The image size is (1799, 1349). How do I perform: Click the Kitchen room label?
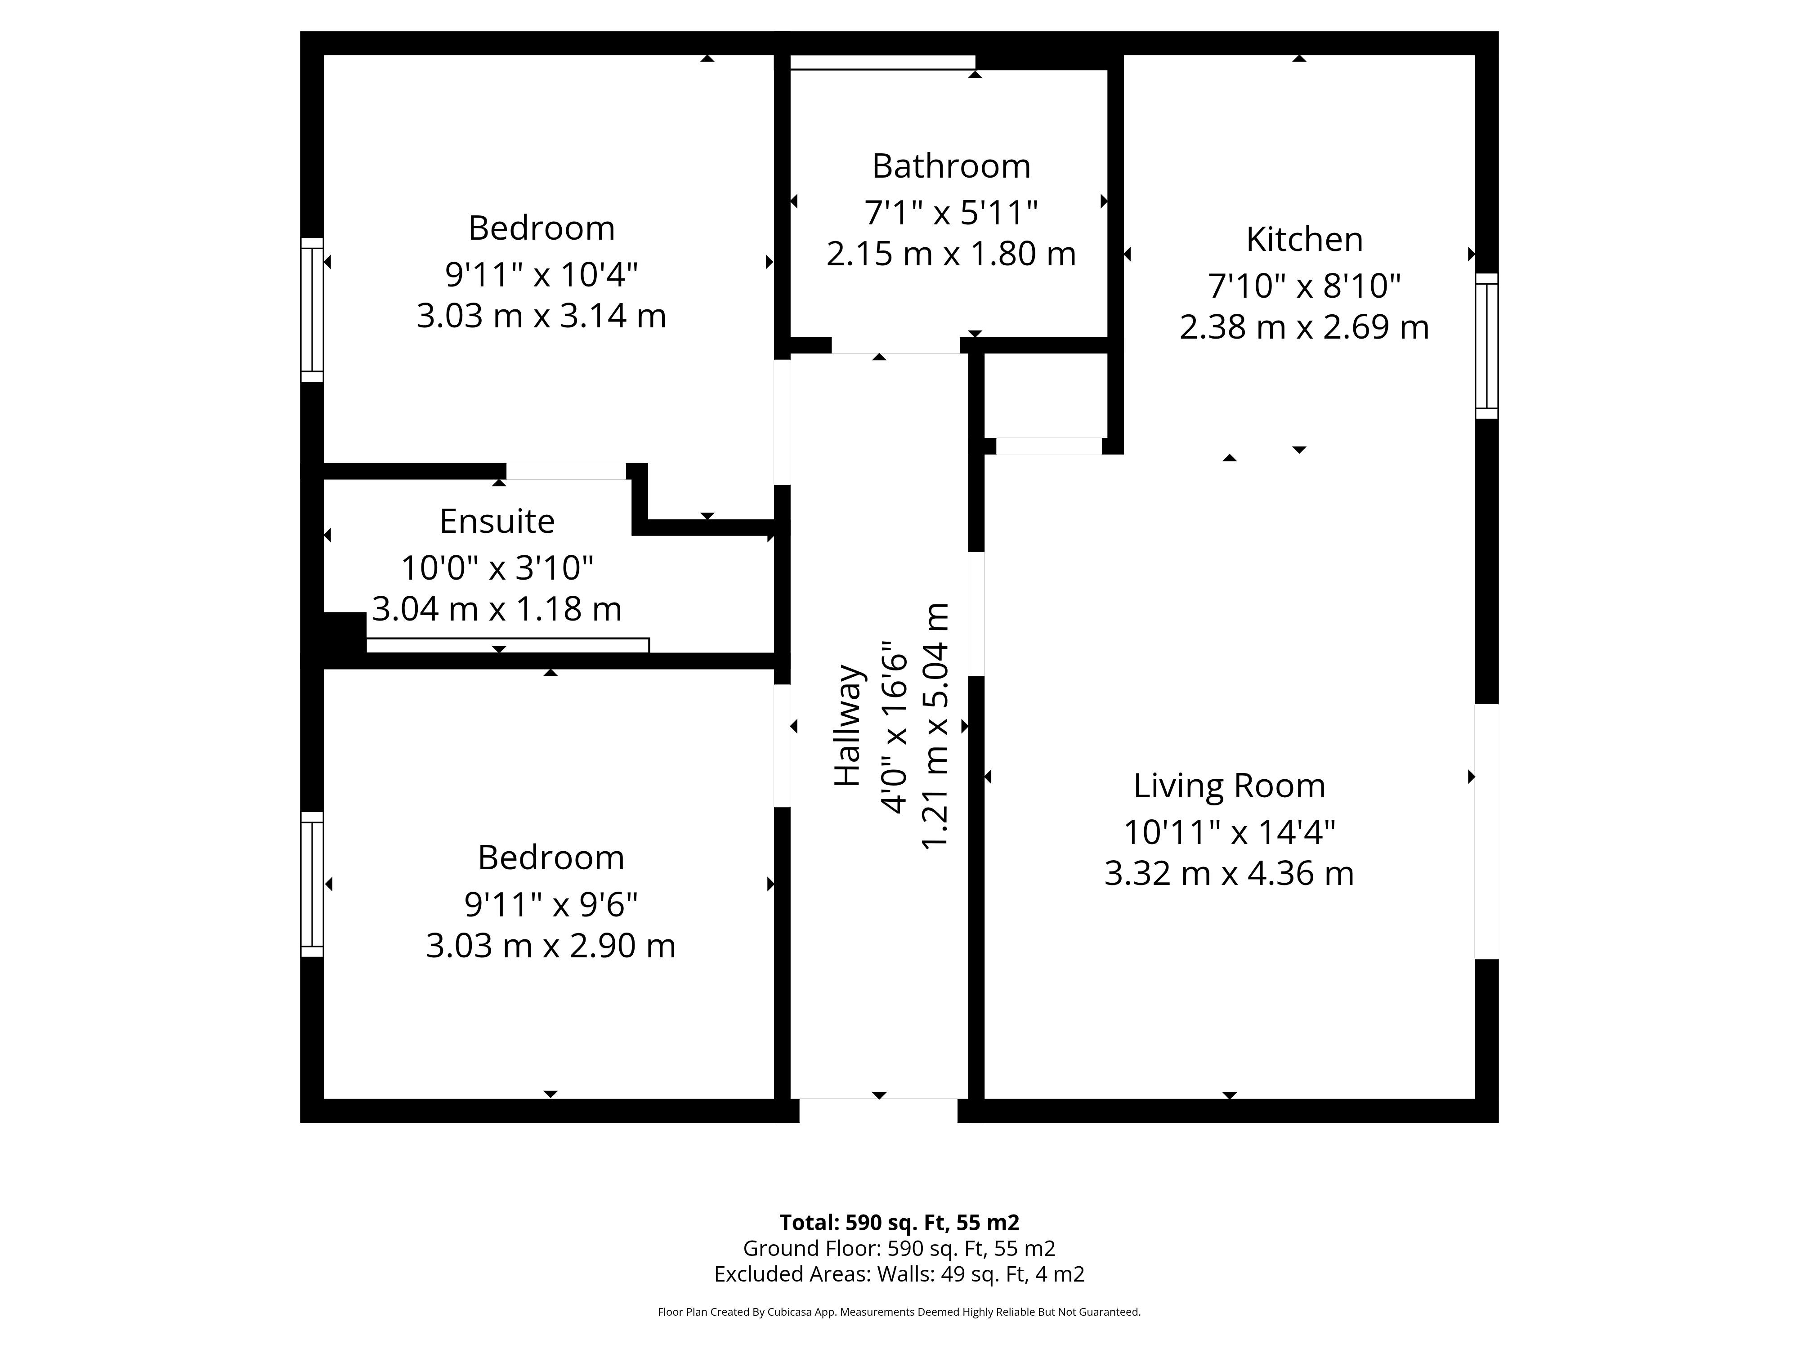(x=1305, y=240)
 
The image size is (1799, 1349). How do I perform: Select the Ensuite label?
(x=497, y=521)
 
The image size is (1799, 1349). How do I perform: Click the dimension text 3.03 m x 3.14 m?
(x=541, y=316)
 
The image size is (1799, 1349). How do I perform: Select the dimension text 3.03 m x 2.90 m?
(x=550, y=946)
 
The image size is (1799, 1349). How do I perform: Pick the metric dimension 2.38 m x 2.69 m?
(x=1305, y=327)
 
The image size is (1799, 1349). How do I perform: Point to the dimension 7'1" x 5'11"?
(x=952, y=213)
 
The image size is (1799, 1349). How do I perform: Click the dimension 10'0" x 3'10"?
(x=497, y=567)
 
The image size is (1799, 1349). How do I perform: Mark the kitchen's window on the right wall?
(x=1487, y=346)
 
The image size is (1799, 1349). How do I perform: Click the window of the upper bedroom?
(x=312, y=310)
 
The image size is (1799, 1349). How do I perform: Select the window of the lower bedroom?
(x=312, y=884)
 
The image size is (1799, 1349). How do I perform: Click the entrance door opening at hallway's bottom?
(x=878, y=1111)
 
